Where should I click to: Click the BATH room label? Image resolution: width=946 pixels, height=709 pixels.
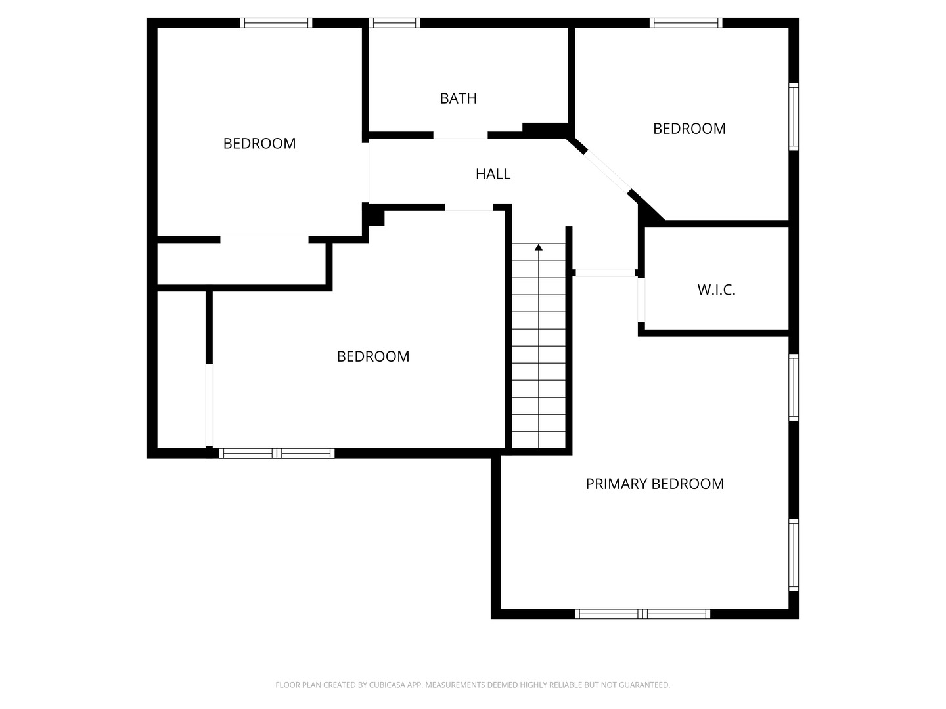click(x=458, y=98)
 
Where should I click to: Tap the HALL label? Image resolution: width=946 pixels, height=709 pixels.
click(x=493, y=174)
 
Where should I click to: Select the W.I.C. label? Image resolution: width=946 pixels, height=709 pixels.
click(x=716, y=290)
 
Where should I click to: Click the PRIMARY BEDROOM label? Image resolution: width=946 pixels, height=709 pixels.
click(x=655, y=484)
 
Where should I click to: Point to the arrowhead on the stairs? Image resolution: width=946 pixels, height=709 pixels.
click(x=539, y=247)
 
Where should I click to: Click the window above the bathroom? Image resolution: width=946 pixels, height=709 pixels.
click(x=394, y=23)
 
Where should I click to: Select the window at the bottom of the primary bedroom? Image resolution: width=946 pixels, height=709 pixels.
click(x=642, y=614)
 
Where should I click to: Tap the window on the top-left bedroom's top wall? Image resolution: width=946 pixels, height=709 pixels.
click(x=277, y=23)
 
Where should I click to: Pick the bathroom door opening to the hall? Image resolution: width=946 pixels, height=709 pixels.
click(x=461, y=135)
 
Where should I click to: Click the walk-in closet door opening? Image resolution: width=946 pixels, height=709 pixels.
click(x=641, y=300)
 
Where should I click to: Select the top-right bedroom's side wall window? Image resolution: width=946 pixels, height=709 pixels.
click(x=794, y=117)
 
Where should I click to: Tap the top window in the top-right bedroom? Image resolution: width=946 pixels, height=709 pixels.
click(x=686, y=23)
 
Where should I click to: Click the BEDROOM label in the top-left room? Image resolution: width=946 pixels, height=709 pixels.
click(x=259, y=144)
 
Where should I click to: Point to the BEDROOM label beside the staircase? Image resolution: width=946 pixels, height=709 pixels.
click(x=373, y=357)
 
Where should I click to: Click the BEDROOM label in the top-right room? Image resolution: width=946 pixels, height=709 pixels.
click(x=689, y=129)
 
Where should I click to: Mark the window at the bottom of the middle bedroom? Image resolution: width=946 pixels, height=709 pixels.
click(x=277, y=453)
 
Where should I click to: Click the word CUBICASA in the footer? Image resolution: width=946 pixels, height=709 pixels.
click(x=388, y=685)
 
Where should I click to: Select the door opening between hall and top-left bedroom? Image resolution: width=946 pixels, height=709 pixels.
click(x=369, y=173)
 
